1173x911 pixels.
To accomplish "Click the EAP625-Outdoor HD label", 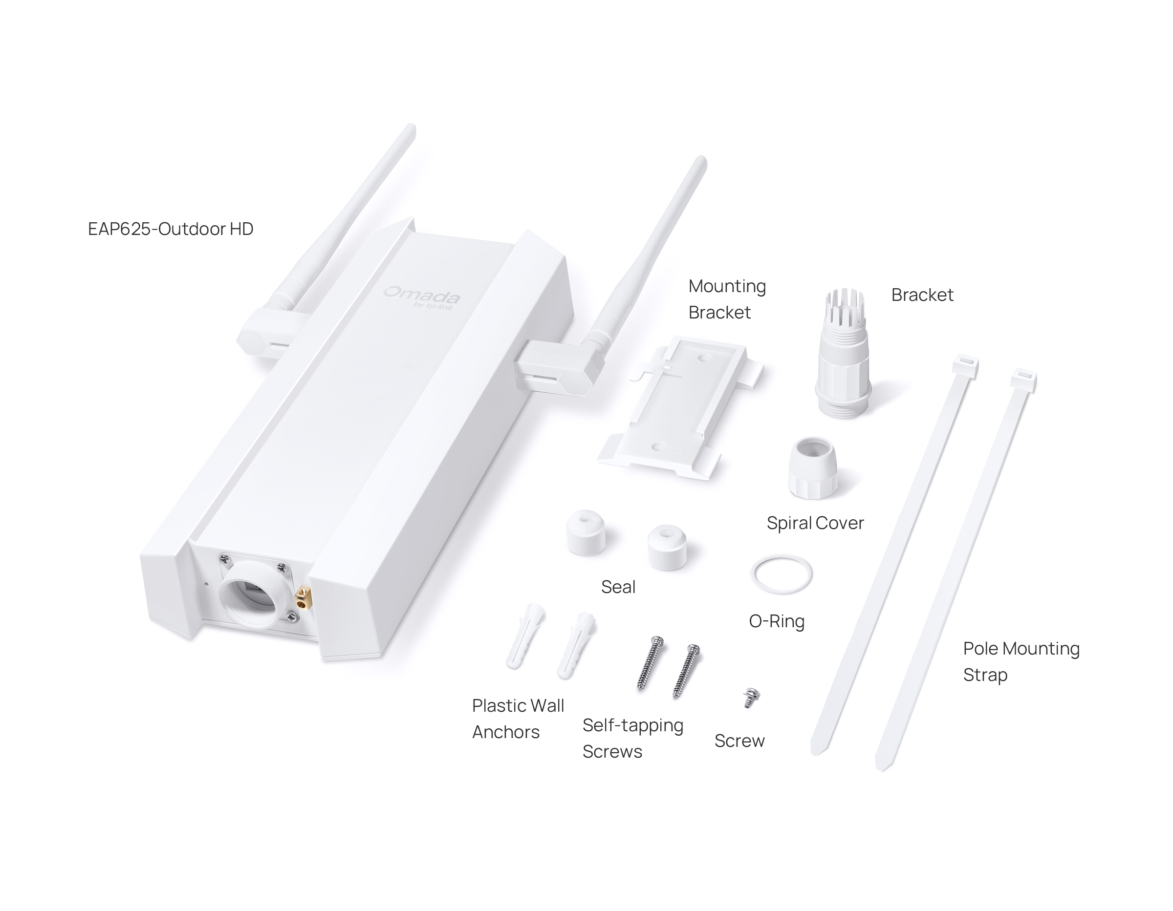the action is (170, 229).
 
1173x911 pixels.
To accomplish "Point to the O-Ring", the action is (782, 557).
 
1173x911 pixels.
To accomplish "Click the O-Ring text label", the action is (777, 622).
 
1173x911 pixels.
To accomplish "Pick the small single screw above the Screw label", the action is (751, 698).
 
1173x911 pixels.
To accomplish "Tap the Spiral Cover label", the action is (815, 523).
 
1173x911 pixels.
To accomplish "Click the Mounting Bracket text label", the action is (727, 299).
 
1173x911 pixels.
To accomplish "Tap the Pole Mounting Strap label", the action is (1021, 661).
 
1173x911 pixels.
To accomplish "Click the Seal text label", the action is (618, 587).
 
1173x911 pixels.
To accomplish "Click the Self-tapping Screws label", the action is (633, 738).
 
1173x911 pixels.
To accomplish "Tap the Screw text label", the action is (739, 741).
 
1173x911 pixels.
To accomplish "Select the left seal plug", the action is (586, 532).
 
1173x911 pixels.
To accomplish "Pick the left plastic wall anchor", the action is (525, 636).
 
